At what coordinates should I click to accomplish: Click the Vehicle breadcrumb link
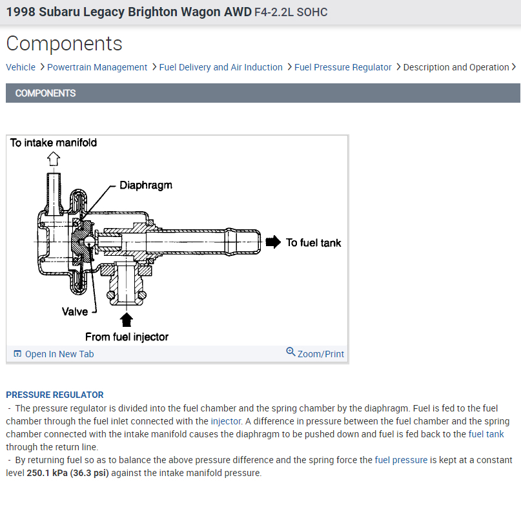pos(21,67)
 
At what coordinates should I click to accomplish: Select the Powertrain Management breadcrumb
pos(97,67)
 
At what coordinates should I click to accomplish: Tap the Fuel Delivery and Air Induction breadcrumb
pos(221,67)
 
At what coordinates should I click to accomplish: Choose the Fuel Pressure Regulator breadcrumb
pos(343,67)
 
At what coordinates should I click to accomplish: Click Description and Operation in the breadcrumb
pos(456,67)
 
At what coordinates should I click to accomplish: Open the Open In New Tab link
pos(59,354)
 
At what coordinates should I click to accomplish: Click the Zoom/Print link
pos(320,354)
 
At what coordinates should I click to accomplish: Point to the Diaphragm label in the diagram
pos(146,185)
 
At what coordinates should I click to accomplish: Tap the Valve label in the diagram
pos(75,311)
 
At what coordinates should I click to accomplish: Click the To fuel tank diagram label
pos(313,243)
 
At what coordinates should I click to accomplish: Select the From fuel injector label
pos(127,337)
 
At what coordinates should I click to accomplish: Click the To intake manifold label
pos(54,142)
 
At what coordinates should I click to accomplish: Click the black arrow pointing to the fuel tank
pos(274,242)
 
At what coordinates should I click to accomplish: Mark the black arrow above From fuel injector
pos(127,320)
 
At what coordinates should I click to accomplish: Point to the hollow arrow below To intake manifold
pos(54,158)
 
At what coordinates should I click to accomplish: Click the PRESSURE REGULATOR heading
pos(55,395)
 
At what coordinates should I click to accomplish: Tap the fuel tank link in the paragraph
pos(486,434)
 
